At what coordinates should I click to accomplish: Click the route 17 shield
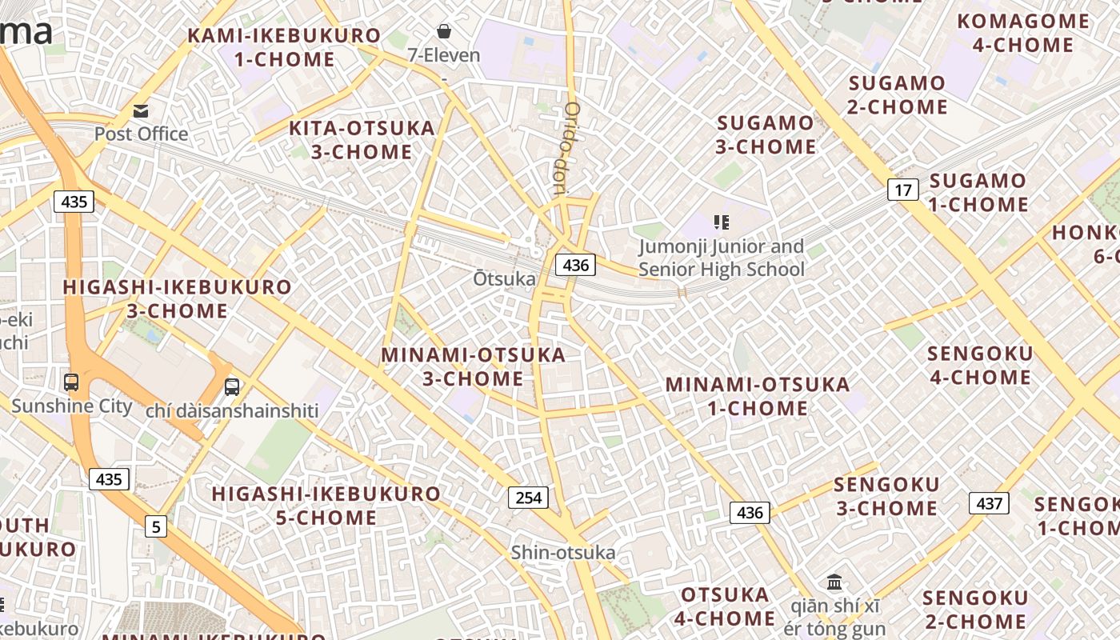click(902, 190)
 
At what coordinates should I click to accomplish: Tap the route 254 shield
click(528, 498)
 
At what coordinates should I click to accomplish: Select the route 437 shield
click(989, 503)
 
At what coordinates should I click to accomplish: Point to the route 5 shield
click(156, 526)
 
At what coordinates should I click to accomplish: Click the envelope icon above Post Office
click(141, 110)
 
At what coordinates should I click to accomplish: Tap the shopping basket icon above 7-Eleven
click(443, 31)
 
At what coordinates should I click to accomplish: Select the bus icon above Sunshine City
click(71, 382)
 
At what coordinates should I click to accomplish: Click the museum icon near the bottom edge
click(834, 582)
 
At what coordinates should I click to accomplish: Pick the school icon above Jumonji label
click(721, 222)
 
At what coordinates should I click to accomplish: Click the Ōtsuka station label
click(504, 279)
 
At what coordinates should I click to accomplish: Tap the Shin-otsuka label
click(563, 552)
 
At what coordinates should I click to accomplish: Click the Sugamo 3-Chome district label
click(766, 134)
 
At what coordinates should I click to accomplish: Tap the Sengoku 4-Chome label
click(979, 365)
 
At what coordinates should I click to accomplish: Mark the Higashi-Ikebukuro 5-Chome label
click(326, 506)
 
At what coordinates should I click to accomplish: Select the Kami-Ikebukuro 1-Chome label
click(284, 47)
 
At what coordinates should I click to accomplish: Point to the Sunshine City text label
click(72, 406)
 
